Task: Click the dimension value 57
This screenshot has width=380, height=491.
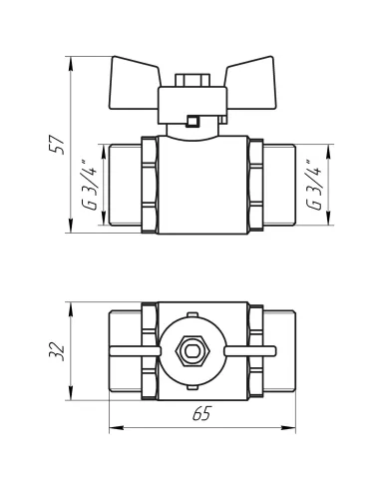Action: [58, 144]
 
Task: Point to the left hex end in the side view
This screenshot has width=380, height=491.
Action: [150, 186]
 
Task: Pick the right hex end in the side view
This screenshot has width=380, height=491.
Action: [256, 186]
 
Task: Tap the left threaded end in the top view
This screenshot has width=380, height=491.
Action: [122, 350]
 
